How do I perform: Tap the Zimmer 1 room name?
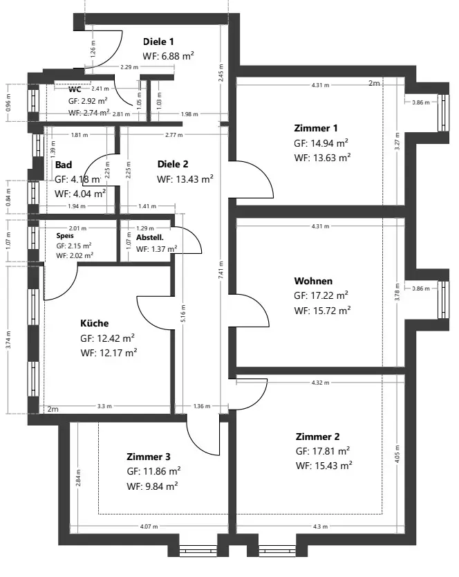pyautogui.click(x=316, y=128)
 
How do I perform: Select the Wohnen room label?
pyautogui.click(x=313, y=281)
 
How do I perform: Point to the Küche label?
pyautogui.click(x=95, y=323)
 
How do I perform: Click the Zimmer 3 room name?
pyautogui.click(x=149, y=457)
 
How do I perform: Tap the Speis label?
pyautogui.click(x=64, y=235)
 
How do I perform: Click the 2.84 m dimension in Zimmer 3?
pyautogui.click(x=79, y=478)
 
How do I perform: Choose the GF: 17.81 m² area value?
pyautogui.click(x=321, y=451)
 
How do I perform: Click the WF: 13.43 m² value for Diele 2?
pyautogui.click(x=185, y=178)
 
